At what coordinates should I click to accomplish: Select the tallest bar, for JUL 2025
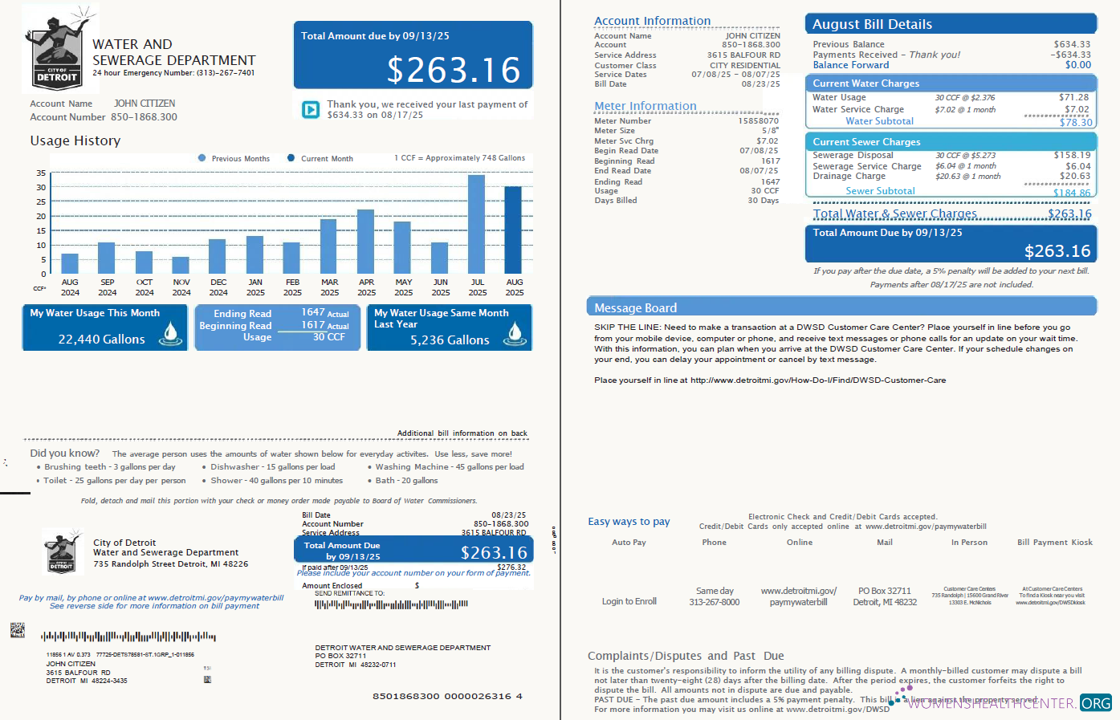[477, 225]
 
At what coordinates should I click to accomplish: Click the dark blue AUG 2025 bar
[513, 230]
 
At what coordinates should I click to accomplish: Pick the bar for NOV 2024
[181, 266]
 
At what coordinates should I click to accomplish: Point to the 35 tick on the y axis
[41, 173]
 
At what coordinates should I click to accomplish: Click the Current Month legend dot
[292, 158]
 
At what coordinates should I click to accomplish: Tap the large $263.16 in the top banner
[454, 70]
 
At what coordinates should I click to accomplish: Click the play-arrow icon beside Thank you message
[311, 109]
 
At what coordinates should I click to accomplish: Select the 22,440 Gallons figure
[101, 340]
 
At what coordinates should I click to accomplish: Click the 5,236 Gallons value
[450, 340]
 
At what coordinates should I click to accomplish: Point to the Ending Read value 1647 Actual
[324, 312]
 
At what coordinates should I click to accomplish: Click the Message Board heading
[635, 308]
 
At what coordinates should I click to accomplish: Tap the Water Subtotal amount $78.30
[1075, 122]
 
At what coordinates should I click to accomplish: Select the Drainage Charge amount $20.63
[1074, 176]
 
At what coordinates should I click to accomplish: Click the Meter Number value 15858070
[758, 121]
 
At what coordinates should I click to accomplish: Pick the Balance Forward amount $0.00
[1077, 65]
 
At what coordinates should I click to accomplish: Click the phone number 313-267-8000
[714, 602]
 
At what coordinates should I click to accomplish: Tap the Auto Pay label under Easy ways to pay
[629, 543]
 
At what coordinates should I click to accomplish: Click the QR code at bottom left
[17, 630]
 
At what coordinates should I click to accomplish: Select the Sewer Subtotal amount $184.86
[1072, 193]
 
